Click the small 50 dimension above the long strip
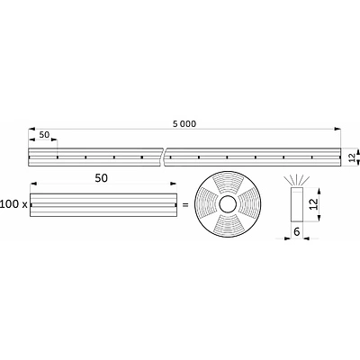coord(42,134)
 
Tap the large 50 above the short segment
coord(102,179)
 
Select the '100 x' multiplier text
coord(13,205)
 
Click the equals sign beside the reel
coord(184,205)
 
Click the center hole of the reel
coord(227,205)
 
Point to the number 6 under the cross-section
coord(296,231)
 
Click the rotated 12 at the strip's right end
coord(351,157)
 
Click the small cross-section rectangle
coord(296,205)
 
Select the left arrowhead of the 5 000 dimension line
coord(32,128)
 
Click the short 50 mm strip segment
coord(101,205)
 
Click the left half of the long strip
coord(94,157)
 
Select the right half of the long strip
coord(252,157)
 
